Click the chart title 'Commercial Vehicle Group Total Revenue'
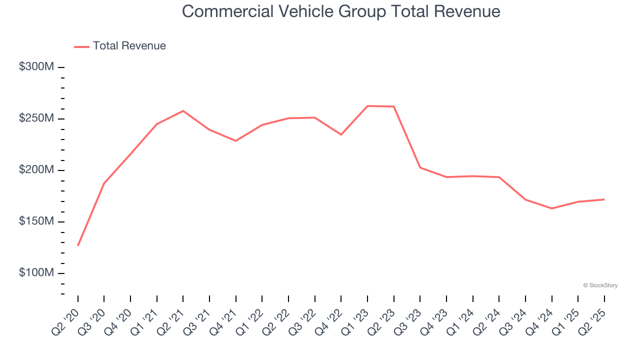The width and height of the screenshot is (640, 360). pos(341,11)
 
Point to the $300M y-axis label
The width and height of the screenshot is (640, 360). pos(35,67)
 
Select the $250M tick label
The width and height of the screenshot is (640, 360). pos(35,118)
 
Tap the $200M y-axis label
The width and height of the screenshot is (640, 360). pos(35,170)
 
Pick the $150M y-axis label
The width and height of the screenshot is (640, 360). pos(35,221)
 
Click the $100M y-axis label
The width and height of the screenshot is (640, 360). pos(35,273)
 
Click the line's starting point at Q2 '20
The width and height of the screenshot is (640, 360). pos(78,245)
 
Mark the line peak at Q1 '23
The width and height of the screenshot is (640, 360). pos(367,106)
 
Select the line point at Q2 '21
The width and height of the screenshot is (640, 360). pos(183,110)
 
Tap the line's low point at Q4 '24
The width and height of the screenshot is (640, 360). pos(552,208)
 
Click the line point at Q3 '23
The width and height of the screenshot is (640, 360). pos(420,167)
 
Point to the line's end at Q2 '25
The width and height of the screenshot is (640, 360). pos(604,199)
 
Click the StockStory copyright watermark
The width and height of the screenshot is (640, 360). pos(600,285)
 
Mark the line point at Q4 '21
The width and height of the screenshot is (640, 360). pos(236,141)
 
